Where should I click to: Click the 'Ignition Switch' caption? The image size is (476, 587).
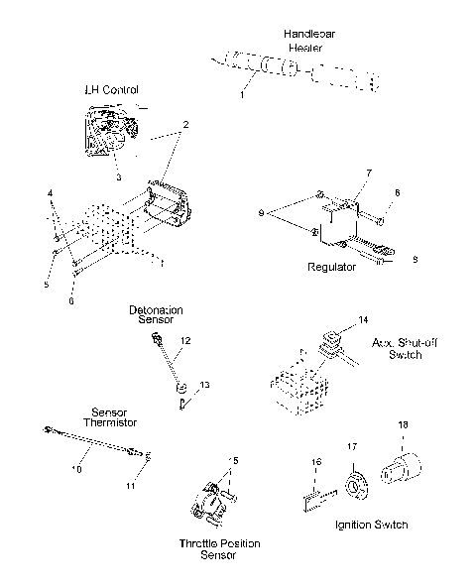(373, 524)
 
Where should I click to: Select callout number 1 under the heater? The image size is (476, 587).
(240, 94)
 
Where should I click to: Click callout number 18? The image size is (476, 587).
(403, 424)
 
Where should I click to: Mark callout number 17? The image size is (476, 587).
(350, 448)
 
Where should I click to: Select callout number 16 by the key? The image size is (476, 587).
(315, 461)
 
